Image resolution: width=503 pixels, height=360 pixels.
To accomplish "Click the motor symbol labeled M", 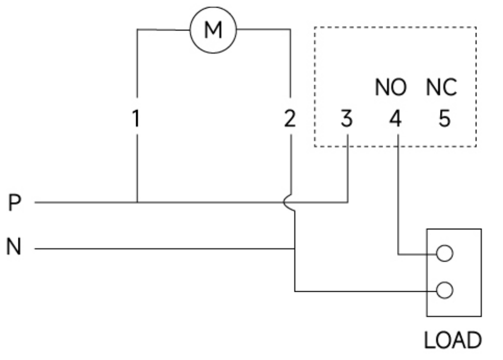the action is pyautogui.click(x=213, y=30).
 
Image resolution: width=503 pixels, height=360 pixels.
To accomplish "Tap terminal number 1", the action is pyautogui.click(x=136, y=118).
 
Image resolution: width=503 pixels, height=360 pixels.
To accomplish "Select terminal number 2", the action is pyautogui.click(x=290, y=118).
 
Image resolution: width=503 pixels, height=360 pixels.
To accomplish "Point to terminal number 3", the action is pyautogui.click(x=346, y=118).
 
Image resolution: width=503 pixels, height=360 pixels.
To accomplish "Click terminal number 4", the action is pyautogui.click(x=395, y=118).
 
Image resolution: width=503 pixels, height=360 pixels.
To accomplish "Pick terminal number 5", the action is pyautogui.click(x=444, y=118).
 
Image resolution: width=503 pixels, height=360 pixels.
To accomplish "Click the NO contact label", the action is pyautogui.click(x=391, y=87).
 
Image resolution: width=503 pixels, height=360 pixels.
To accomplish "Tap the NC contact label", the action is pyautogui.click(x=441, y=87).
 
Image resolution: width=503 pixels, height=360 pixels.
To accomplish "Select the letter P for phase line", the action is pyautogui.click(x=15, y=203).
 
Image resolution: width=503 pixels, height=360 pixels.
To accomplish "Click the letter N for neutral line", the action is pyautogui.click(x=14, y=246).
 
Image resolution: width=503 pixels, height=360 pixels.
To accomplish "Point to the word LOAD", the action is pyautogui.click(x=453, y=340).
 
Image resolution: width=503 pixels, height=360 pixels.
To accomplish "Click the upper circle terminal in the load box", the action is pyautogui.click(x=444, y=253).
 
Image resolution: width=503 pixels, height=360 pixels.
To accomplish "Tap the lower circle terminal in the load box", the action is pyautogui.click(x=444, y=290).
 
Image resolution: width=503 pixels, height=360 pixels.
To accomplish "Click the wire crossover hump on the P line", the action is pyautogui.click(x=288, y=203).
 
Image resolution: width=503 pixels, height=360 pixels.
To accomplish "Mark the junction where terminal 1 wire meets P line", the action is pyautogui.click(x=137, y=202).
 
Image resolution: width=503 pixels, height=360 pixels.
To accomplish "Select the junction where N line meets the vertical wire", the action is pyautogui.click(x=295, y=248).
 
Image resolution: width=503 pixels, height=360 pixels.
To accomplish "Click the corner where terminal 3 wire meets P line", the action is pyautogui.click(x=348, y=202).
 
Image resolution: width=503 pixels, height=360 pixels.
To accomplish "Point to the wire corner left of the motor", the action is pyautogui.click(x=137, y=29).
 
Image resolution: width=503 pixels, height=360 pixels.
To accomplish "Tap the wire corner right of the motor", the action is pyautogui.click(x=291, y=29).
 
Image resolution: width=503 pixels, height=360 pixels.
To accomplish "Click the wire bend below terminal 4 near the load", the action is pyautogui.click(x=398, y=255).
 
